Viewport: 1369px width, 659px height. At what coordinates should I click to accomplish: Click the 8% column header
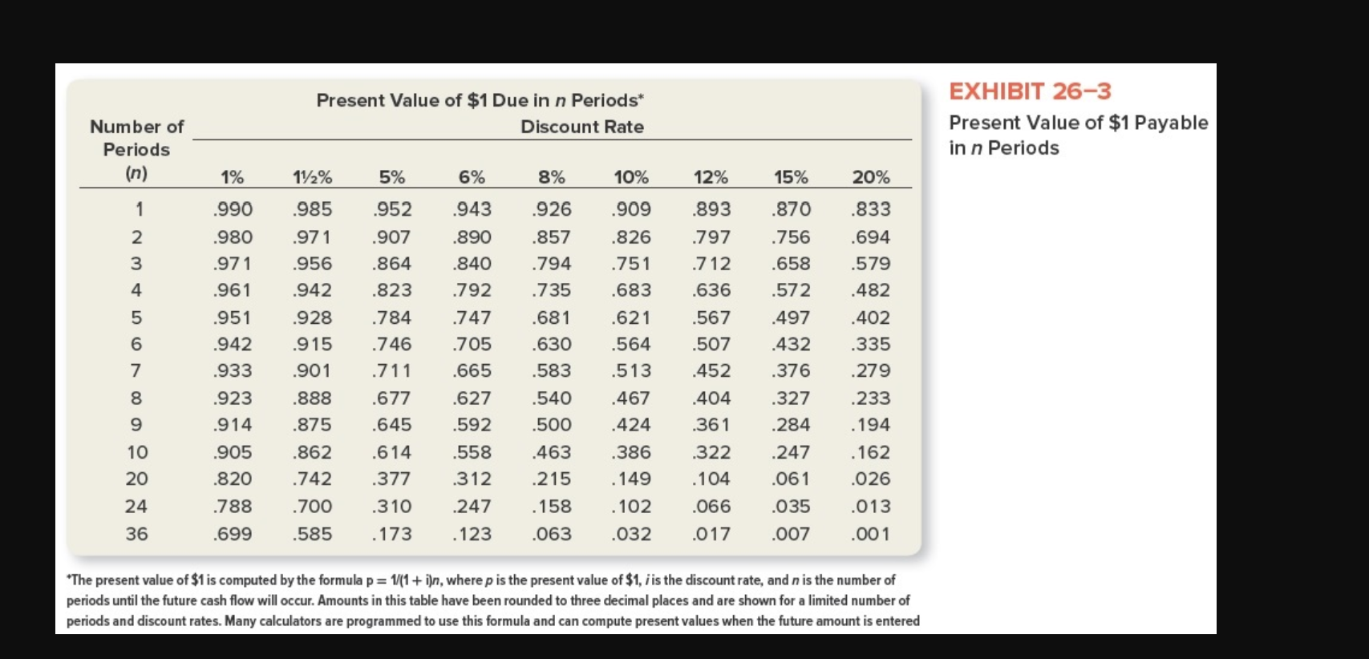551,177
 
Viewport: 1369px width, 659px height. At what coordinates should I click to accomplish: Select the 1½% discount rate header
312,177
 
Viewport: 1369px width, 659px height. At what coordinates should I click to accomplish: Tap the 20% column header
871,177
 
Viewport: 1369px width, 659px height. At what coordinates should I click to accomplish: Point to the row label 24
136,506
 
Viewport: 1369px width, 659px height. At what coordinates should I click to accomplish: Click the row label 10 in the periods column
137,452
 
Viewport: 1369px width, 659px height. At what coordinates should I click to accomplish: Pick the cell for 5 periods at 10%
631,317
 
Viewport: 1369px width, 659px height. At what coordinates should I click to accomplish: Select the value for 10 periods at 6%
472,452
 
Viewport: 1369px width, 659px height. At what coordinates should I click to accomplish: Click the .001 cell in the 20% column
871,534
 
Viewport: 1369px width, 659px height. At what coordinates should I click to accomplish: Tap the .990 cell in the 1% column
233,209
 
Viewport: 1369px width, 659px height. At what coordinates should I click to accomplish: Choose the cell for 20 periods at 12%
711,479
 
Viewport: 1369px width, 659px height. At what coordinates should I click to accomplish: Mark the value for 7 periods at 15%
791,370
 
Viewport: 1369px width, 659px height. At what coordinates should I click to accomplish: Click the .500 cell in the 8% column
551,424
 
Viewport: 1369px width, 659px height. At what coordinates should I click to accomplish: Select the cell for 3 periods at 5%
391,263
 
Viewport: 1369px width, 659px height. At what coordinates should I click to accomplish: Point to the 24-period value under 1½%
312,506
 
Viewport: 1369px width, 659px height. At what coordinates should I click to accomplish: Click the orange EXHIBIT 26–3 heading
1030,91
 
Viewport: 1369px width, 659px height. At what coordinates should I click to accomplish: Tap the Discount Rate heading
581,127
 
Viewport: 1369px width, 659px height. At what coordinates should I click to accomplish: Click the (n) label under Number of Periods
136,173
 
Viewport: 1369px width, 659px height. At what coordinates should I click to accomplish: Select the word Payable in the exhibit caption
1171,123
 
